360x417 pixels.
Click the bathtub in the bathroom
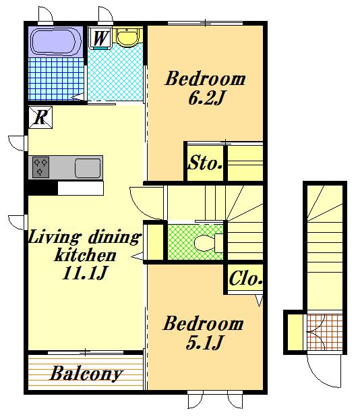[56, 41]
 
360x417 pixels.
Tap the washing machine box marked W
[100, 38]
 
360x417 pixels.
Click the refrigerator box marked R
[40, 117]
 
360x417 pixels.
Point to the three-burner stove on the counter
[40, 167]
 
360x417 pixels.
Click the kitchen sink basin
[88, 168]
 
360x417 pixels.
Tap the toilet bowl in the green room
[205, 243]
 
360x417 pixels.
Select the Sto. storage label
[205, 163]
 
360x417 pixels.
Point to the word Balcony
[86, 374]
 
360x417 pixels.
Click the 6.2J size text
[206, 98]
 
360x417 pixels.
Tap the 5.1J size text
[204, 343]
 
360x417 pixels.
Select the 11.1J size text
[84, 273]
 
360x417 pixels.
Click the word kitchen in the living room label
[85, 255]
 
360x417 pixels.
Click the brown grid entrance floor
[325, 332]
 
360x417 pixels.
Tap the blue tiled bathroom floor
[57, 79]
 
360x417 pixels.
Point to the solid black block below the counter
[42, 188]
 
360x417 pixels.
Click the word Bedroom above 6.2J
[205, 79]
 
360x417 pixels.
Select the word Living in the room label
[55, 238]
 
